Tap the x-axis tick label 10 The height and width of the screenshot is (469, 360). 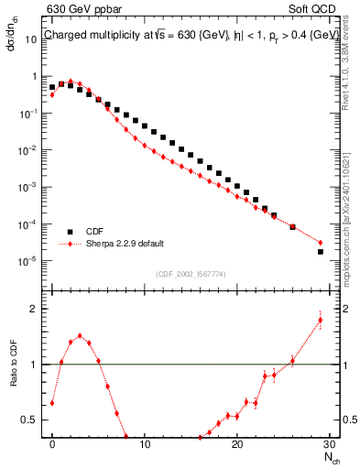(145, 443)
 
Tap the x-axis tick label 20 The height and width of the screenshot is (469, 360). (237, 443)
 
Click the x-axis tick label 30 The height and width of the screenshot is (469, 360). (329, 443)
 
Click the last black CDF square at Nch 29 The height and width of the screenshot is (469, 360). (321, 251)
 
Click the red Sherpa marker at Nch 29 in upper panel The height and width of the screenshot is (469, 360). (321, 243)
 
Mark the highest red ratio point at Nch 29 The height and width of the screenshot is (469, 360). (321, 320)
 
